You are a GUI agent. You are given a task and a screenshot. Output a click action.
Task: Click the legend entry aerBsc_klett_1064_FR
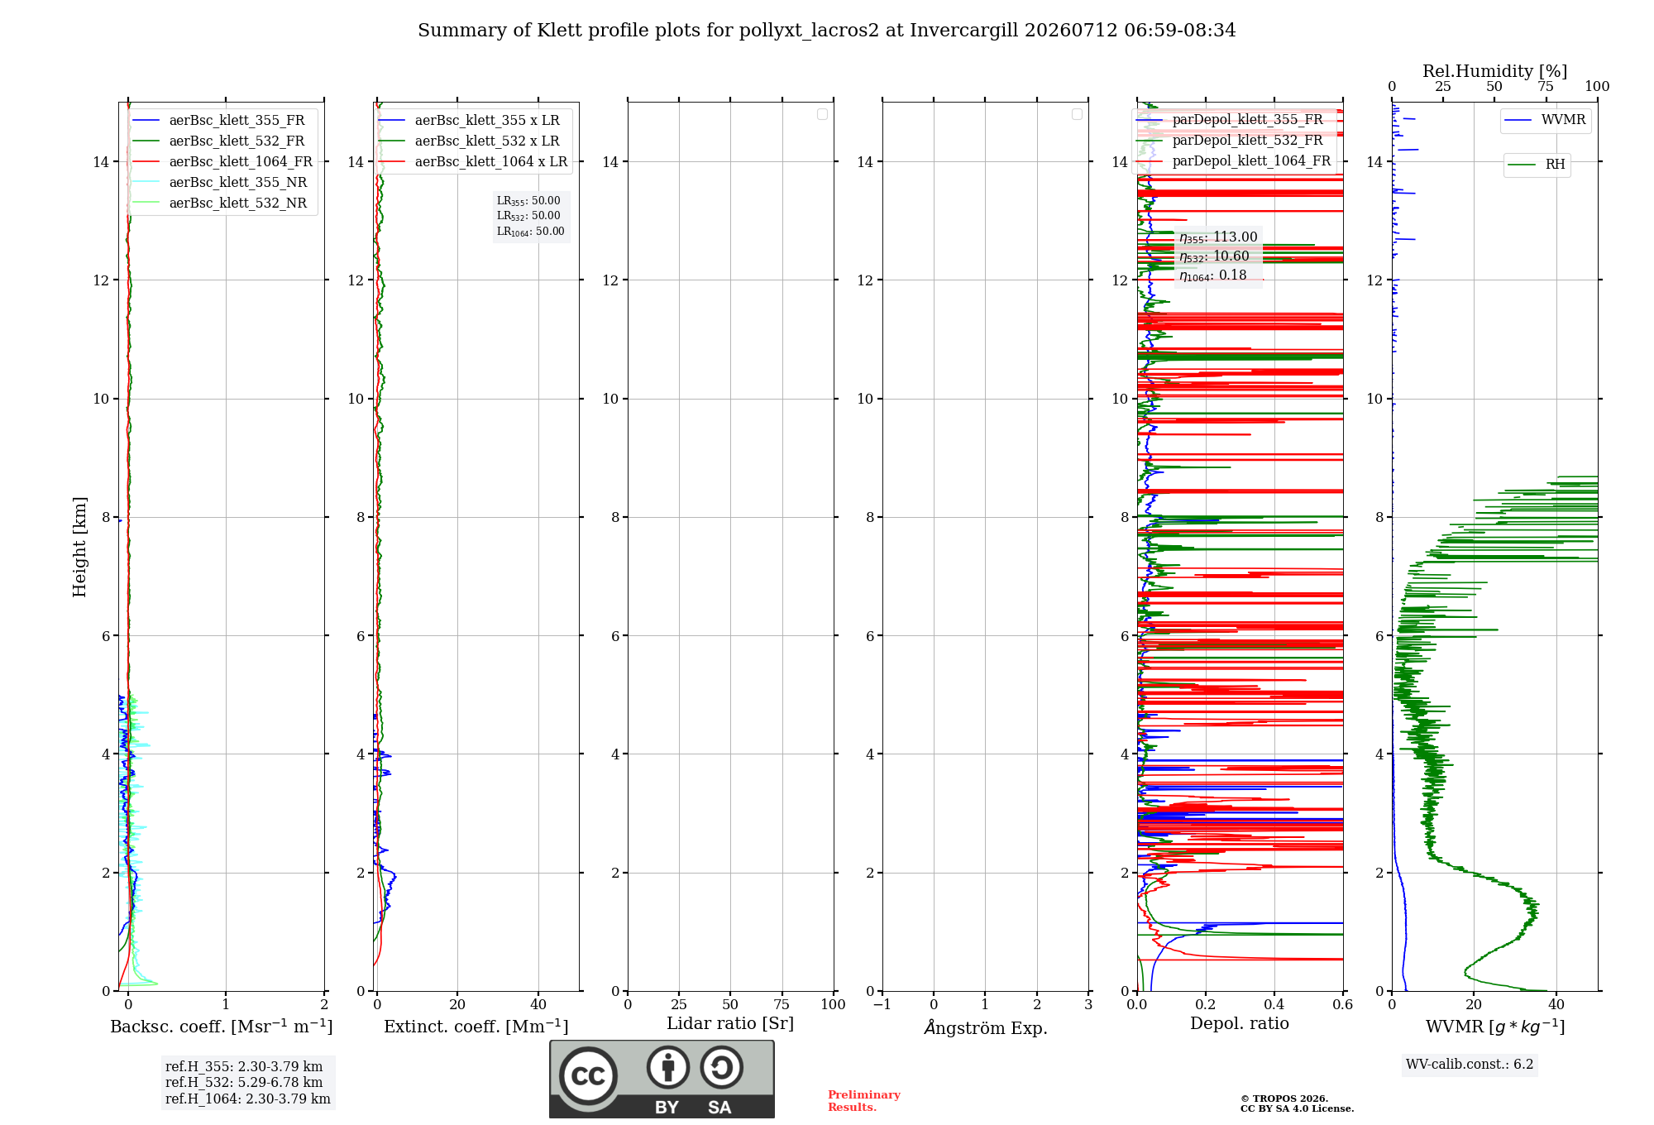click(222, 161)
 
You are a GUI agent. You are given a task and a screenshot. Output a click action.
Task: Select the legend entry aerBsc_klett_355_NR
click(220, 182)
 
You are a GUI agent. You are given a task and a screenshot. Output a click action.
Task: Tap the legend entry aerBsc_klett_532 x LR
click(469, 141)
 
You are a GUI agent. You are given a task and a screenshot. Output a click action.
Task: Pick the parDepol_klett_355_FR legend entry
click(1230, 120)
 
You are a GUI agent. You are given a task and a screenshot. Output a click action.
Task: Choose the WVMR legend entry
click(1545, 120)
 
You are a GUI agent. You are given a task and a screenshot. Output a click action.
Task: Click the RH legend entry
click(1537, 165)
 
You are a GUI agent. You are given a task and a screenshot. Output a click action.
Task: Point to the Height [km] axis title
click(79, 547)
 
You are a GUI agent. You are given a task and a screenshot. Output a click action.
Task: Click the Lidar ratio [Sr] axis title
click(730, 1023)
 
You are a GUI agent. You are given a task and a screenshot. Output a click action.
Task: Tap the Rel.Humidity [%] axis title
click(1495, 71)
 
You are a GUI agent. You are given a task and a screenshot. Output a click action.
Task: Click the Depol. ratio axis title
click(1240, 1023)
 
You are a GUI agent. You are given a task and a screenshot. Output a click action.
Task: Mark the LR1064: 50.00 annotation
click(531, 232)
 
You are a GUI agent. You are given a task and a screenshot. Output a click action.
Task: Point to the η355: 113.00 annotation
click(1218, 237)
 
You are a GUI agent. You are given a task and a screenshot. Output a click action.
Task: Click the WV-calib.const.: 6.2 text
click(1470, 1064)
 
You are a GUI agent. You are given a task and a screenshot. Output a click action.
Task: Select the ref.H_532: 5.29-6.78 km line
click(244, 1082)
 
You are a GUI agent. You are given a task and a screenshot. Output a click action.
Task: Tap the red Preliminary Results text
click(864, 1101)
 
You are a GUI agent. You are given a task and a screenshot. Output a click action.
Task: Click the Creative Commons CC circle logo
click(588, 1075)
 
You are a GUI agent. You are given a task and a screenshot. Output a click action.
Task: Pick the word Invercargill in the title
click(963, 31)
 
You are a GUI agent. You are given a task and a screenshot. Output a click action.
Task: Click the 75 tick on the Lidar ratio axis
click(782, 1004)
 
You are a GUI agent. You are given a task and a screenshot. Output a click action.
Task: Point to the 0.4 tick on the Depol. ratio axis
click(1274, 1004)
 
